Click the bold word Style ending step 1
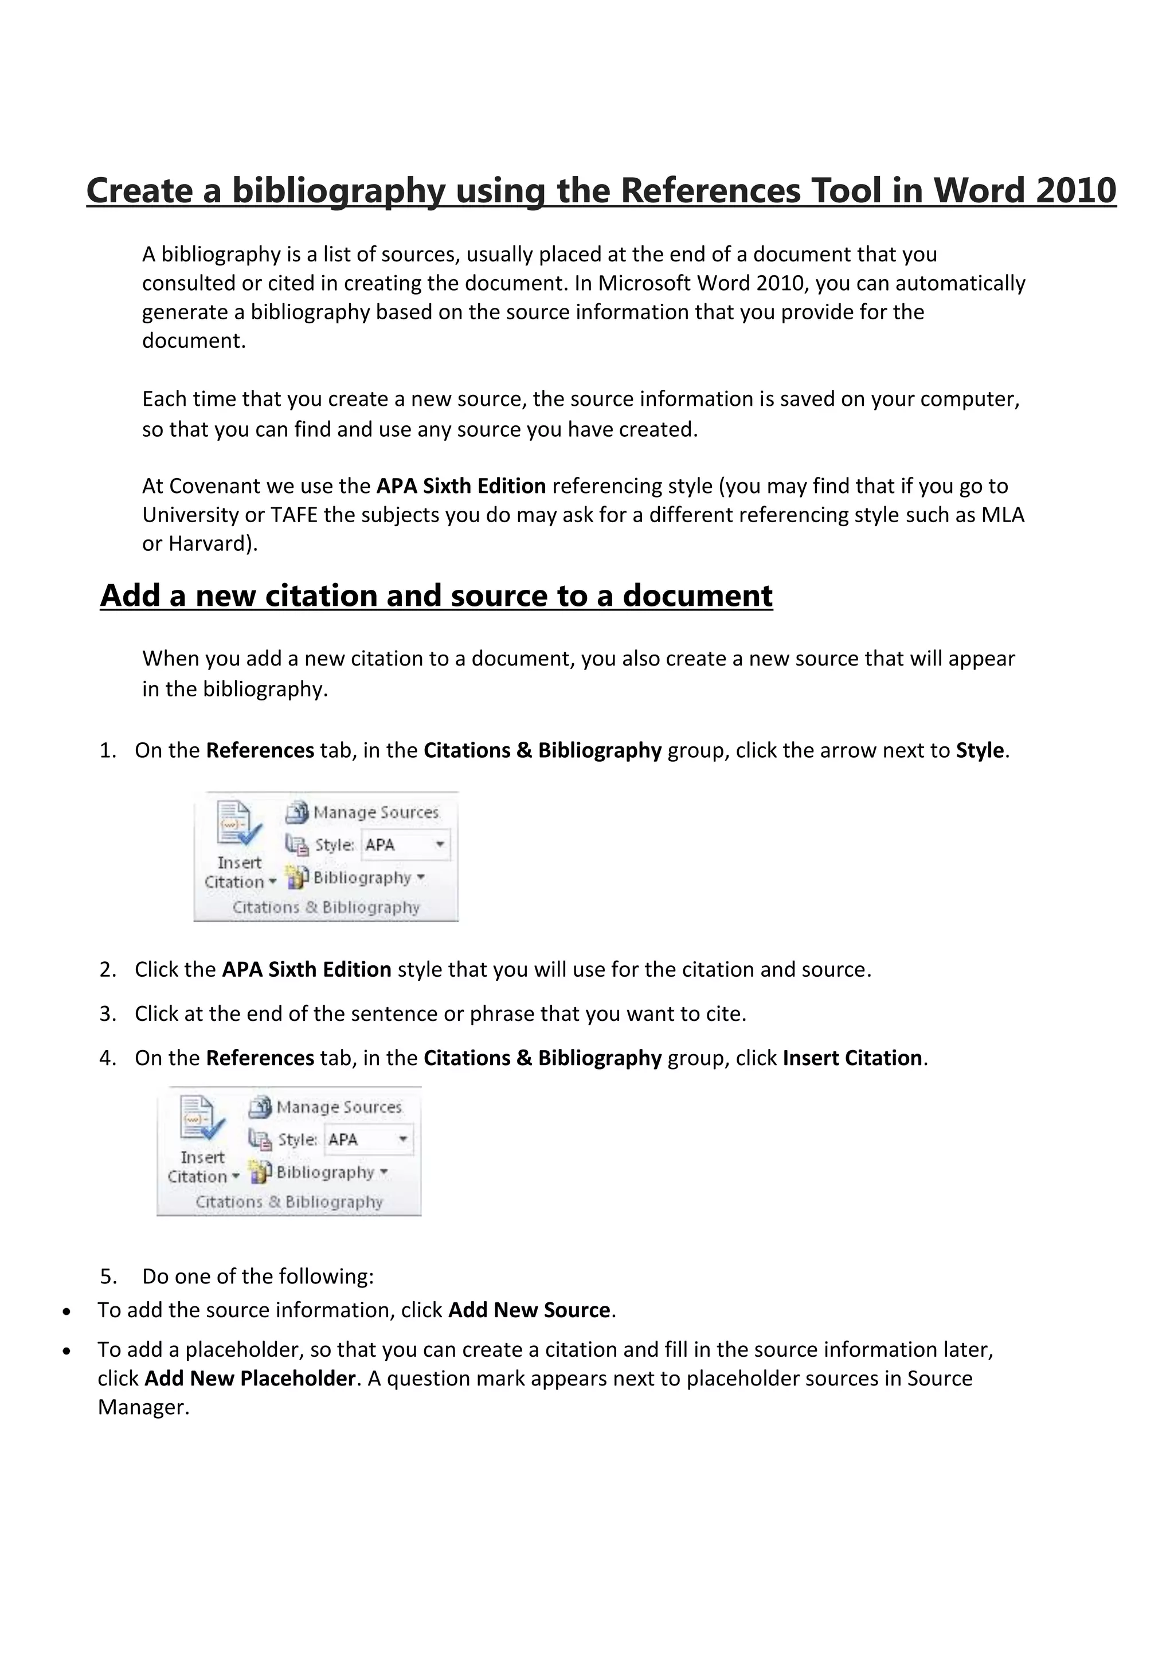tap(980, 750)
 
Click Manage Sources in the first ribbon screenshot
tap(375, 813)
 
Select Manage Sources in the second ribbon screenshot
tap(338, 1107)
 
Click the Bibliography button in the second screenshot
tap(324, 1173)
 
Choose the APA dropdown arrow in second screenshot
tap(402, 1140)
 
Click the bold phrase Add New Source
tap(529, 1310)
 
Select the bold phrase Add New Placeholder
tap(249, 1378)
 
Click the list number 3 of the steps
tap(107, 1013)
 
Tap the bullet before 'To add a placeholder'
tap(66, 1350)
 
